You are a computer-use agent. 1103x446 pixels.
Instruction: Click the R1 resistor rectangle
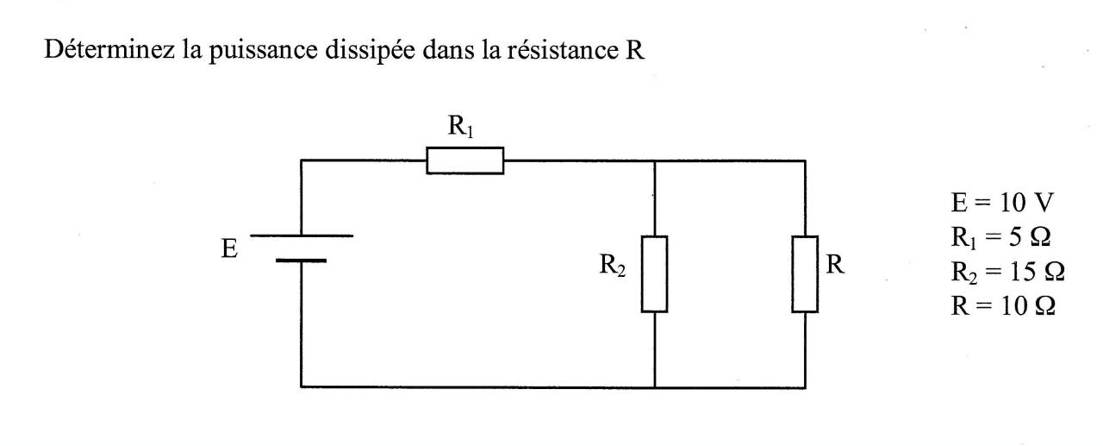[465, 160]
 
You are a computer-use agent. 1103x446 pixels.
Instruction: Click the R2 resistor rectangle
[655, 273]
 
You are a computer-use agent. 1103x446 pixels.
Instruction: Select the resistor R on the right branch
[805, 273]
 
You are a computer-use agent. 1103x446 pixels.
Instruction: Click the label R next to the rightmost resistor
[834, 266]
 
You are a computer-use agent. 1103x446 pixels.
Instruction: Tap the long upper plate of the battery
[302, 236]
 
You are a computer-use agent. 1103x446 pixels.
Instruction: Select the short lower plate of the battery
[302, 259]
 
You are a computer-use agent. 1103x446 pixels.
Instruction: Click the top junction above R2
[655, 160]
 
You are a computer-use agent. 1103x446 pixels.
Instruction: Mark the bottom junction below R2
[655, 387]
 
